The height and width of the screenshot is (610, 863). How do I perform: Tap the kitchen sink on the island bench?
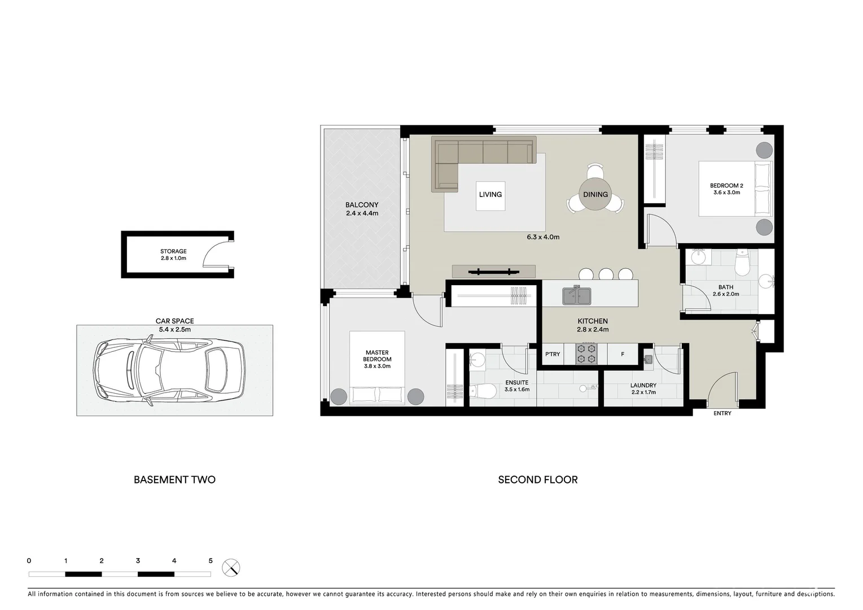point(577,295)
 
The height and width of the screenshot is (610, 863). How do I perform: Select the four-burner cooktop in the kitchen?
point(586,354)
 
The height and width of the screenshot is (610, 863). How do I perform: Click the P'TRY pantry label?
point(553,354)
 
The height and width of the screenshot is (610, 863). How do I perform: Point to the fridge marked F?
point(623,354)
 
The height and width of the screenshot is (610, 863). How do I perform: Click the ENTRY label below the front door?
point(722,413)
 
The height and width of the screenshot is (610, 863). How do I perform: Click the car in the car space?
point(170,371)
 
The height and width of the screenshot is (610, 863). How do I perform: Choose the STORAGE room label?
point(173,251)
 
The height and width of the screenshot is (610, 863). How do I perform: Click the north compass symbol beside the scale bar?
point(231,567)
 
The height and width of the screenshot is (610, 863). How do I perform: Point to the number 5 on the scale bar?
point(211,561)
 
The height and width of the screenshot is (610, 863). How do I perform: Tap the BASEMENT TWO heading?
point(174,480)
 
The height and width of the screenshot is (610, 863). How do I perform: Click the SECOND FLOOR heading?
point(537,480)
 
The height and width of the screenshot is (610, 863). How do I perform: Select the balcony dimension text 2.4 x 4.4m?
point(362,213)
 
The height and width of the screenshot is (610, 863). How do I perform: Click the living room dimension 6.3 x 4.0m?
point(543,237)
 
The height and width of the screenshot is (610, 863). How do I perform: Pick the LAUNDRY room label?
point(643,385)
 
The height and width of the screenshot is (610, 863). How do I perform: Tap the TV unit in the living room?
point(493,272)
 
